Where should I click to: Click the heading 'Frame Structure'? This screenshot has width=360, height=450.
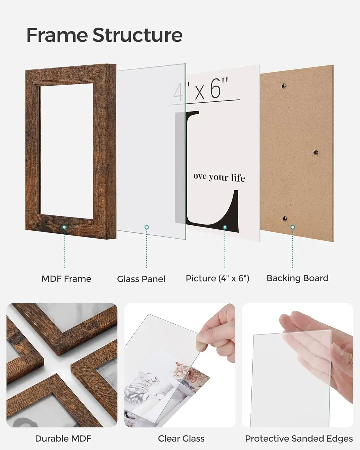(104, 35)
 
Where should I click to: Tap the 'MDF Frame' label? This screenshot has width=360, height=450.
(66, 279)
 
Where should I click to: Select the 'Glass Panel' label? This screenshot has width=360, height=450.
(141, 279)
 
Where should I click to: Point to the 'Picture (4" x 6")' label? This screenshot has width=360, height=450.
(217, 278)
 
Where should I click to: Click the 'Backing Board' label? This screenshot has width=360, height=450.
(297, 278)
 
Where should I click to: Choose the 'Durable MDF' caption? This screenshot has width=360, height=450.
(63, 439)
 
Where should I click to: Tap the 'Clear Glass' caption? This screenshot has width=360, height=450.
(181, 439)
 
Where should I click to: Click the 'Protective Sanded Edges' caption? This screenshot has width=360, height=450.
(299, 439)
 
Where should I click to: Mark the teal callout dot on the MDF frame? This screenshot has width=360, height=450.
(64, 227)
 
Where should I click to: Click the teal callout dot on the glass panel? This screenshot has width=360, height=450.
(146, 227)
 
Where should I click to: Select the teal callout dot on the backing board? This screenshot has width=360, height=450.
(292, 227)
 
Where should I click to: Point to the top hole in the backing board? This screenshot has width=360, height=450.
(283, 86)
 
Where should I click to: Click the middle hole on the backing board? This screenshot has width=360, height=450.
(316, 153)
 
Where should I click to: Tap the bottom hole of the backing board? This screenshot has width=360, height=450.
(284, 219)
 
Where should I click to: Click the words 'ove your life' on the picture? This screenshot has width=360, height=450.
(219, 177)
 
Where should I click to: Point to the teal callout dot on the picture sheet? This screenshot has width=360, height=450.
(225, 227)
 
